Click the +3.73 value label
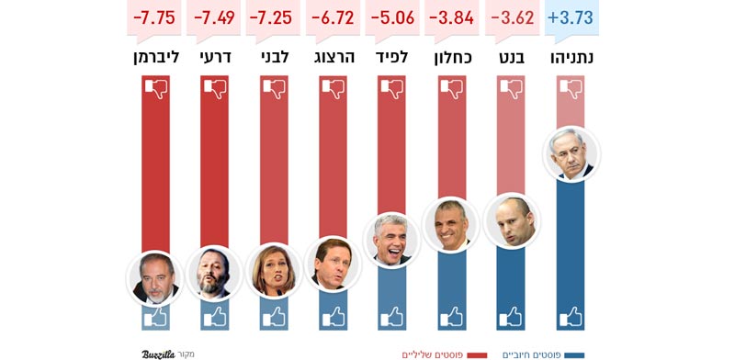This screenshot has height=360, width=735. tap(571, 17)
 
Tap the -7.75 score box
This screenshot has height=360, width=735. tap(154, 17)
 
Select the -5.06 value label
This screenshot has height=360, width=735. tap(392, 17)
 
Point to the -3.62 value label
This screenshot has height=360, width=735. tap(512, 17)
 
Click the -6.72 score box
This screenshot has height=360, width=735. tap(333, 17)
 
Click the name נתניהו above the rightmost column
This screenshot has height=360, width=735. tap(571, 57)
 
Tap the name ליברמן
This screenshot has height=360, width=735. tap(154, 57)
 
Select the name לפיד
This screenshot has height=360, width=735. tap(392, 57)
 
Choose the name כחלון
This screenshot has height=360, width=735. tap(452, 57)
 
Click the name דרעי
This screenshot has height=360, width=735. tap(214, 57)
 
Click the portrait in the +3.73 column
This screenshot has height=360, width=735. tap(571, 153)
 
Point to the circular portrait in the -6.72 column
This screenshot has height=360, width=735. tap(333, 264)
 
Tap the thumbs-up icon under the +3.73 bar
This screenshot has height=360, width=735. tap(571, 317)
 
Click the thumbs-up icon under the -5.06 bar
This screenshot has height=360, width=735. tap(392, 317)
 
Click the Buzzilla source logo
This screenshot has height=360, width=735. tap(158, 354)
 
